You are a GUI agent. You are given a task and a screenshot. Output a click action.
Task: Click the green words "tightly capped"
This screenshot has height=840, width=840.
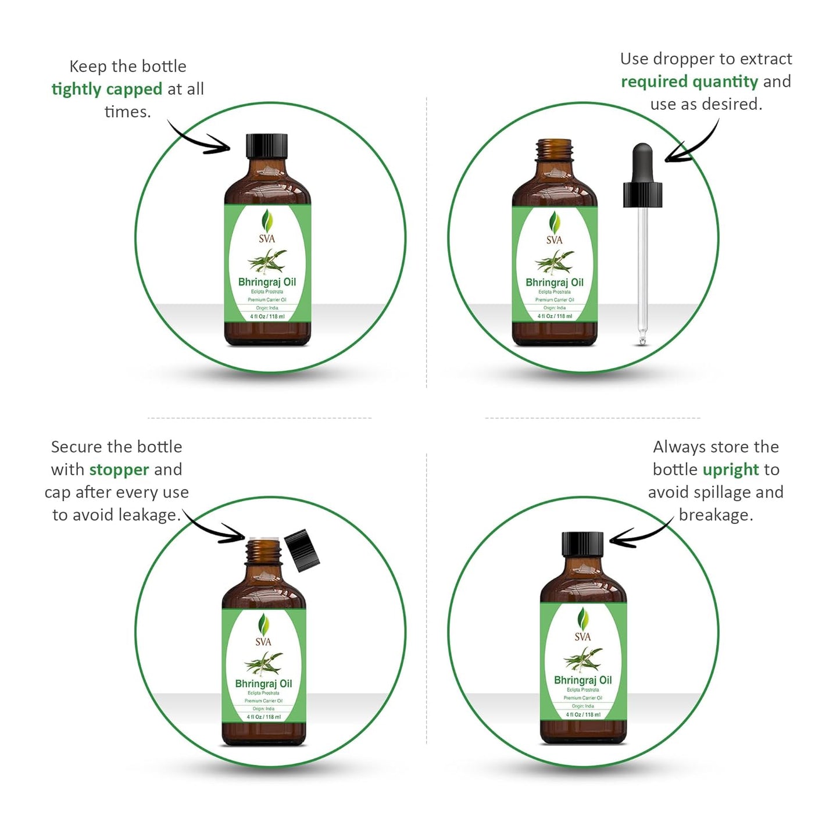coord(107,89)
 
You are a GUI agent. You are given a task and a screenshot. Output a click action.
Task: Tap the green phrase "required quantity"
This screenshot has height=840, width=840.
coord(689,81)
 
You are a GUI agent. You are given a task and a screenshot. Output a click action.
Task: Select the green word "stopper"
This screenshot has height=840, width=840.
coord(119,470)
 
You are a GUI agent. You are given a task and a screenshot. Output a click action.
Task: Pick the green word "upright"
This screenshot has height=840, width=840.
coord(731,470)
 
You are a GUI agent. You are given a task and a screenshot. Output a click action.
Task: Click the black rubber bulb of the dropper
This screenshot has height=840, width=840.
coord(642,162)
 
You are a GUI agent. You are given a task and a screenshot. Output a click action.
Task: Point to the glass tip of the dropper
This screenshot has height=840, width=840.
coord(642,337)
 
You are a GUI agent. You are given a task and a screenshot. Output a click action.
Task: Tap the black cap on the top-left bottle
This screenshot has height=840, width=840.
coord(267,146)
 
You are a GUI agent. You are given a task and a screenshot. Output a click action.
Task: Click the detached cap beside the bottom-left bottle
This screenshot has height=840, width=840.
coord(303,550)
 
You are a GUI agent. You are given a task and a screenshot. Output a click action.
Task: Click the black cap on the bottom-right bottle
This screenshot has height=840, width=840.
coord(582,544)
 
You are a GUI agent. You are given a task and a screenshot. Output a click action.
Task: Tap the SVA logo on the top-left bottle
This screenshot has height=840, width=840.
coord(267,227)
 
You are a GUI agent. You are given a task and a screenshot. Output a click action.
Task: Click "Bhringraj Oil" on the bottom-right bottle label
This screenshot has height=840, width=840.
coord(582,680)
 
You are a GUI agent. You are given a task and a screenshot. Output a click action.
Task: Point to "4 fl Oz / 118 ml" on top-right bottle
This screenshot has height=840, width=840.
coord(555,316)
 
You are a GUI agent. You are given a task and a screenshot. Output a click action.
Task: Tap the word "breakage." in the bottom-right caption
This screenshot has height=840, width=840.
coord(716,515)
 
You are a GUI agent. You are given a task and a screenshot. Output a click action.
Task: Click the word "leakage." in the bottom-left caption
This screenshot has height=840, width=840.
coord(149,515)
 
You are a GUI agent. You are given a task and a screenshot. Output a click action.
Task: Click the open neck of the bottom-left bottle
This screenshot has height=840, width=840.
coord(263,552)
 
